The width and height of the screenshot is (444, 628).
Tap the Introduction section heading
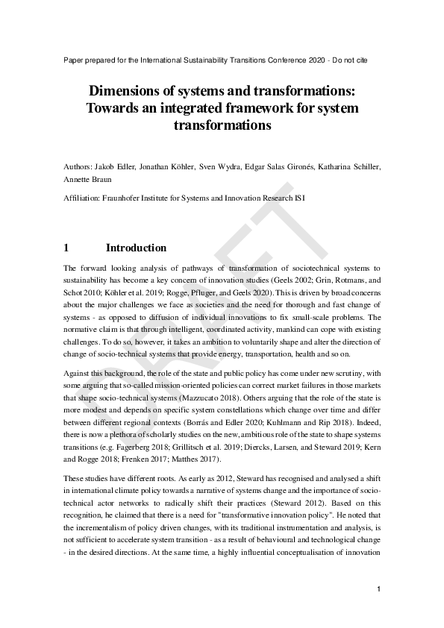136,248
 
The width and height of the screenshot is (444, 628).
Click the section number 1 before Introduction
66,248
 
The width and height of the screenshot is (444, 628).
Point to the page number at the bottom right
378,589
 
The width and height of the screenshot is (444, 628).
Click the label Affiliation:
81,198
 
